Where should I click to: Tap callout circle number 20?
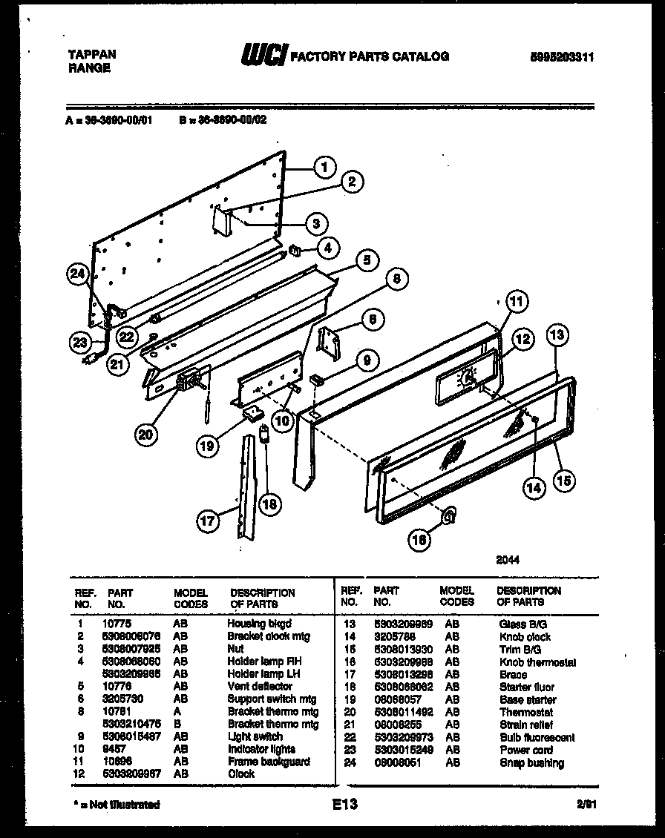tap(146, 435)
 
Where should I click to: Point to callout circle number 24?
tap(77, 274)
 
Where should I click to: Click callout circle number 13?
tap(558, 336)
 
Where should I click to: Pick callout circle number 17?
tap(209, 521)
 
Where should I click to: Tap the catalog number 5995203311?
tap(563, 57)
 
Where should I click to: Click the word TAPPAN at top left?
tap(91, 55)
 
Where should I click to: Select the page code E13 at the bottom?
tap(345, 804)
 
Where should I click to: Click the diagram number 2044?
tap(508, 560)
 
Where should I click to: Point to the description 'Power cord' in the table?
tap(525, 750)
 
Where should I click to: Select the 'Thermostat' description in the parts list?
tap(523, 713)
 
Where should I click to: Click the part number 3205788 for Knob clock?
tap(395, 637)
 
